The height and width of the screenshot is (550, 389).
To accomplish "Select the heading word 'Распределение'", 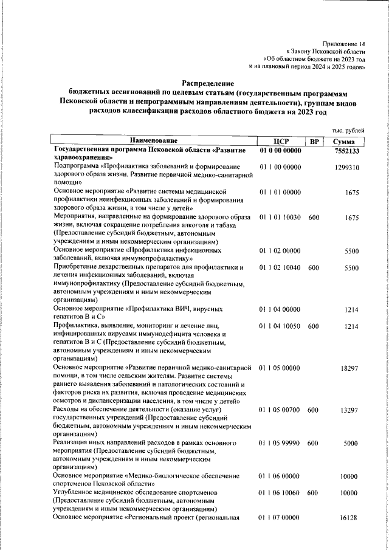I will pos(208,83).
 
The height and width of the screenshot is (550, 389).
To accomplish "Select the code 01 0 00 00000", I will pos(280,150).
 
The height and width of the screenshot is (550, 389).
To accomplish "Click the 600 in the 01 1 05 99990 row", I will pos(314,444).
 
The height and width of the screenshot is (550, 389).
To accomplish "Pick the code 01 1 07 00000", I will pos(280,517).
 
